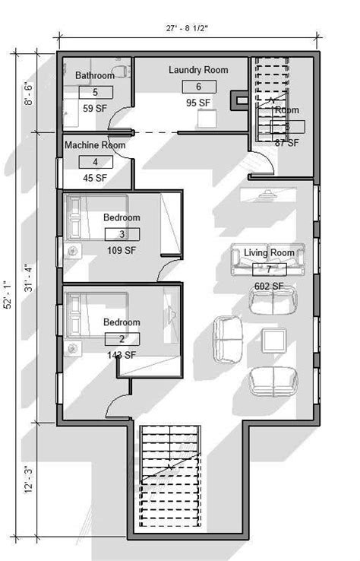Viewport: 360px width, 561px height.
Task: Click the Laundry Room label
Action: coord(198,70)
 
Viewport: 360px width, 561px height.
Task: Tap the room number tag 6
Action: coord(198,87)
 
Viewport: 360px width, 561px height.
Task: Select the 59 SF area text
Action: coord(95,108)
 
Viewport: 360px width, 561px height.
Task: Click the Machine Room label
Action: coord(95,144)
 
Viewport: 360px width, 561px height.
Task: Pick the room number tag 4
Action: coord(95,162)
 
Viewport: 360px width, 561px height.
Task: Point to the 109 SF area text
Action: coord(121,249)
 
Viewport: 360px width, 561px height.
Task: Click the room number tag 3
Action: coord(122,234)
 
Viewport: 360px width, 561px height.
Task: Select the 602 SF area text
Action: coord(268,286)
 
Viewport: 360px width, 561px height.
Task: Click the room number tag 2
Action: coord(122,339)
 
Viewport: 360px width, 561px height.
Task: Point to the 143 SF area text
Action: coord(121,354)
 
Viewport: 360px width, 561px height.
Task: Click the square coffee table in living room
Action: coord(273,338)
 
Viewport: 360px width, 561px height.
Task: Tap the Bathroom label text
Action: coord(95,76)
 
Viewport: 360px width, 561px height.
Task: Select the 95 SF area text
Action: coord(198,103)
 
